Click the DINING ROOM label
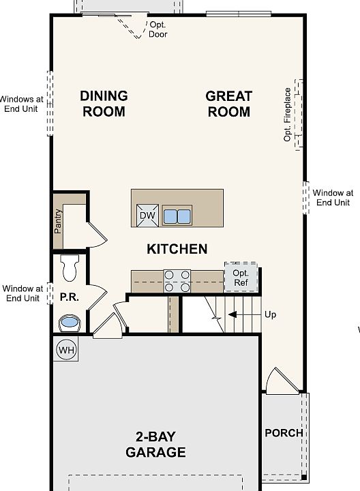tap(104, 104)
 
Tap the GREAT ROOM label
tap(229, 104)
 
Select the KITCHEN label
tap(177, 249)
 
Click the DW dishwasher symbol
tap(147, 215)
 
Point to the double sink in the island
tap(177, 216)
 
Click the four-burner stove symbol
tap(177, 281)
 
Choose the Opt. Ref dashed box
tap(241, 278)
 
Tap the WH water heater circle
tap(66, 349)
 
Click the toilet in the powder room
tap(70, 267)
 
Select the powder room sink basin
tap(70, 323)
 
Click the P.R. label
tap(69, 297)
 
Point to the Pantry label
tap(58, 221)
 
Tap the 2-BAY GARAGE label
tap(155, 445)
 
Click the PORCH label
tap(284, 433)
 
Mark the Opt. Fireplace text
tap(287, 115)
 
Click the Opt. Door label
tap(157, 29)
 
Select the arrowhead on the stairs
tap(232, 314)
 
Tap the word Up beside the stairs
tap(271, 314)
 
